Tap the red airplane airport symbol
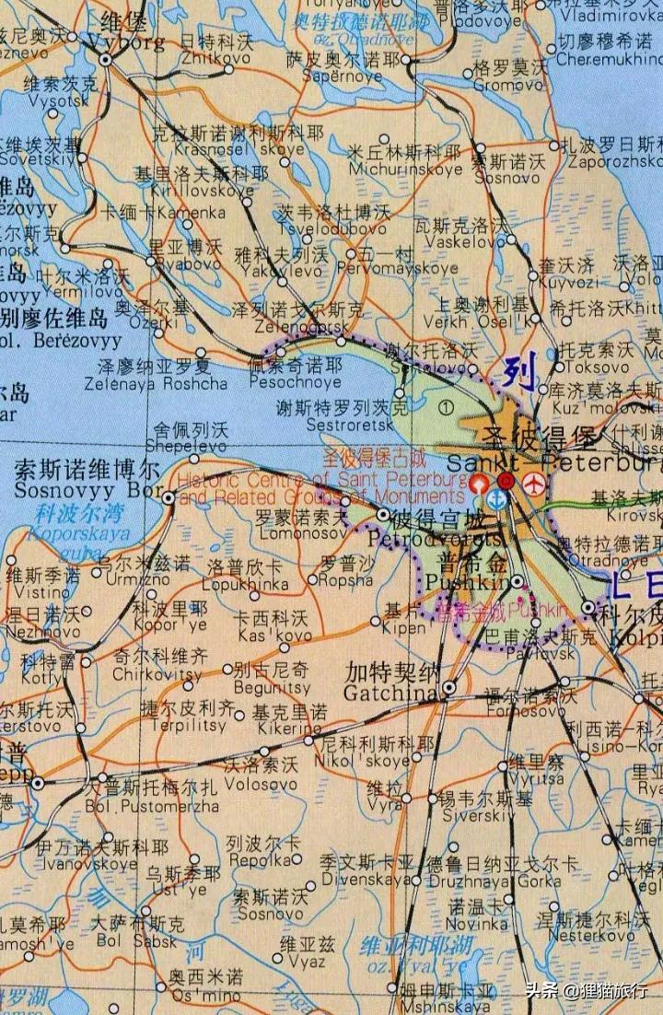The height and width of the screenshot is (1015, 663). pyautogui.click(x=533, y=482)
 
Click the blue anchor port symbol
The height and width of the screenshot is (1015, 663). pyautogui.click(x=496, y=499)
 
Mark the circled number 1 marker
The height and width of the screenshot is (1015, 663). pyautogui.click(x=448, y=405)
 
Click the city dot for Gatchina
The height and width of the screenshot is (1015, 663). pyautogui.click(x=448, y=687)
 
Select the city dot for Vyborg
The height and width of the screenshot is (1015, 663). pyautogui.click(x=107, y=59)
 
